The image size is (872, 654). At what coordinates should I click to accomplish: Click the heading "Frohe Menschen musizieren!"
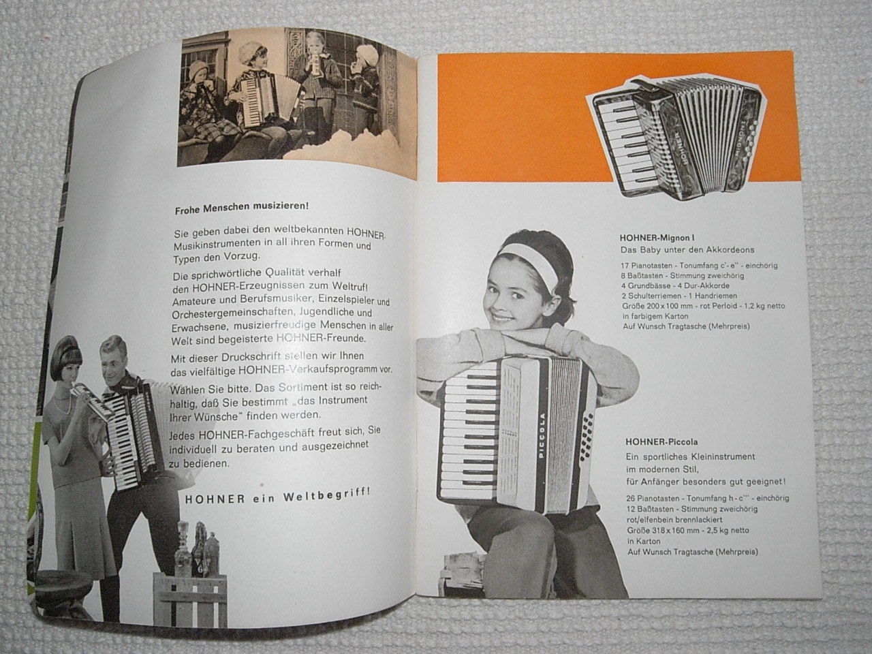tap(242, 208)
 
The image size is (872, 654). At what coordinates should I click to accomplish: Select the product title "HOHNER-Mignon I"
tap(657, 238)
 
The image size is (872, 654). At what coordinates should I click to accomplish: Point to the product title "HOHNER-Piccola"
tap(661, 441)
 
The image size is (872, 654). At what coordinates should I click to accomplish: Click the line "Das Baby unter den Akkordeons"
tap(687, 250)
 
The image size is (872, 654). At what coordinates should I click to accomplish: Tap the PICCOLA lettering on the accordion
tap(542, 435)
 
